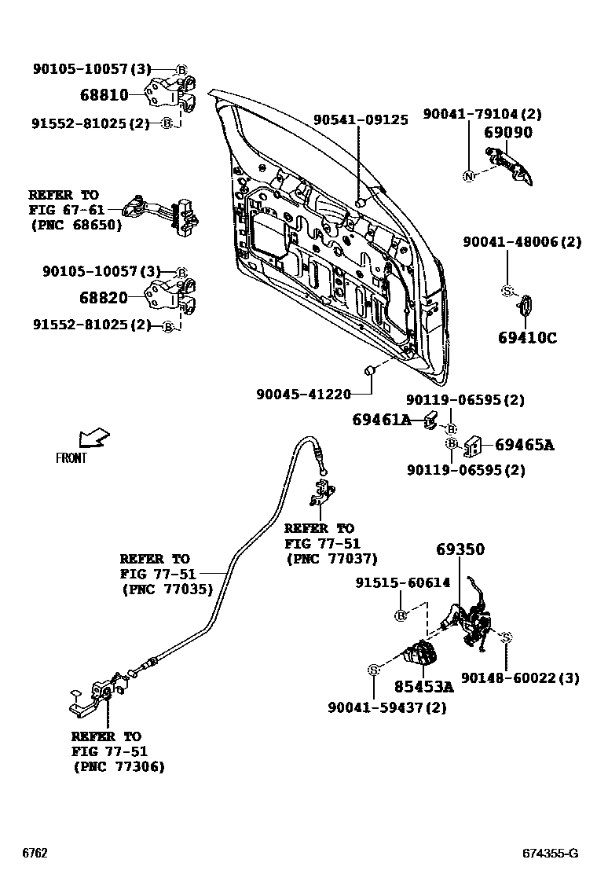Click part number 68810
pos(104,96)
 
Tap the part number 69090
pos(508,133)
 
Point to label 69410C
pos(527,339)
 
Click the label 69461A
pos(381,421)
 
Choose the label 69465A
pos(524,446)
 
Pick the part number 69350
pos(460,549)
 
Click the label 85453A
pos(424,687)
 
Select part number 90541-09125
pos(361,120)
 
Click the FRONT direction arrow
pos(93,437)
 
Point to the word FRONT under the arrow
pos(71,458)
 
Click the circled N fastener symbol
pos(468,175)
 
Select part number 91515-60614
pos(402,583)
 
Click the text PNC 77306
pos(119,766)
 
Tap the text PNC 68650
pos(76,225)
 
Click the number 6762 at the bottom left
pos(35,854)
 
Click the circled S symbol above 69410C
pos(507,292)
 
